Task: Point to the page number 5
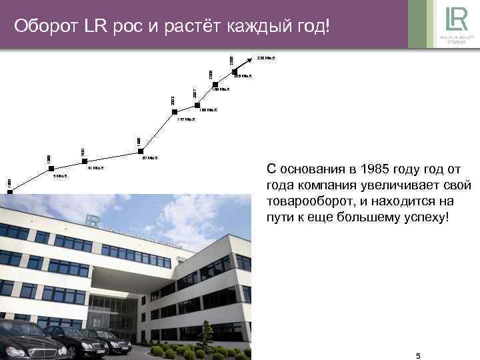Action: click(x=418, y=356)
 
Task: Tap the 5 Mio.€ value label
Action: click(x=59, y=176)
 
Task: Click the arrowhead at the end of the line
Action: click(x=246, y=59)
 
